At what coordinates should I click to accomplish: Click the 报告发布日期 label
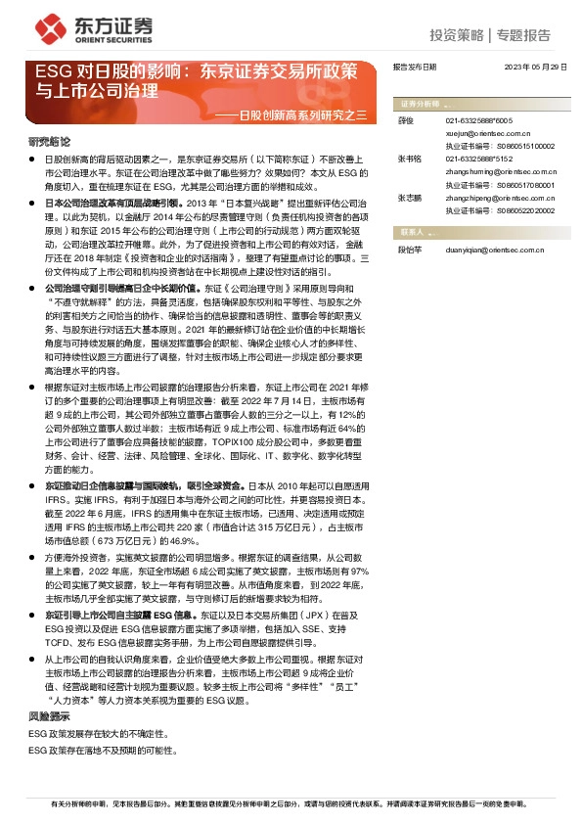414,68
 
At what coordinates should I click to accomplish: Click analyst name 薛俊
407,120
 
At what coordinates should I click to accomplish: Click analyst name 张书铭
409,158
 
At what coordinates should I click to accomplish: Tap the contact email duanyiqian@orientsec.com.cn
492,250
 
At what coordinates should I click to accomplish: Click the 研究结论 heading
49,141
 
